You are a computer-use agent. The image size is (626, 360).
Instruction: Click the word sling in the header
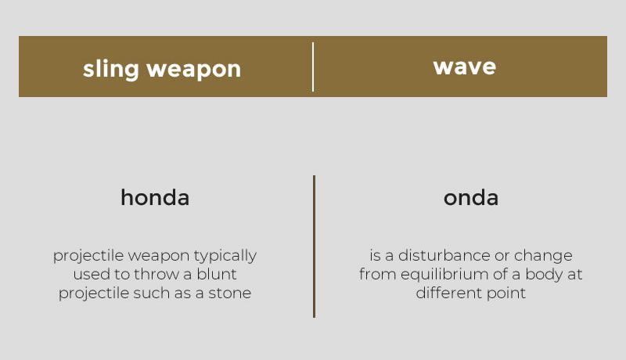coord(110,70)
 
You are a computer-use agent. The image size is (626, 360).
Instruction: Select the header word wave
coord(465,67)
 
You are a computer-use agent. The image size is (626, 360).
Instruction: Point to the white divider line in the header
coord(313,67)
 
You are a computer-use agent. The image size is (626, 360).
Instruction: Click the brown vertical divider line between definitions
coord(315,247)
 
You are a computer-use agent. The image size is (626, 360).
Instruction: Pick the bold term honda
coord(155,197)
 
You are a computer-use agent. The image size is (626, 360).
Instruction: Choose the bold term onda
coord(471,197)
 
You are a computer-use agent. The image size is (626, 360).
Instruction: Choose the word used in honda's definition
coord(91,274)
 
